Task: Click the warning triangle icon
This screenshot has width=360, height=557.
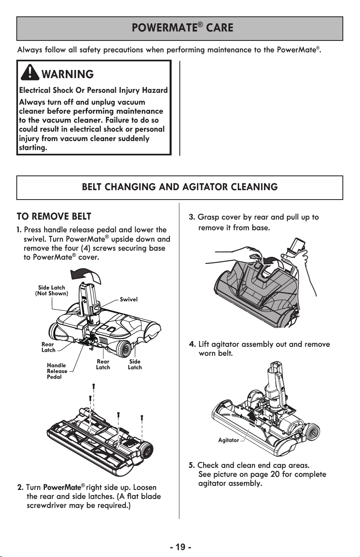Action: (30, 72)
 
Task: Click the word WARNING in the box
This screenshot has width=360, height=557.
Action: (67, 74)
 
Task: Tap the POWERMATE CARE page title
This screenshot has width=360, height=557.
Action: (182, 27)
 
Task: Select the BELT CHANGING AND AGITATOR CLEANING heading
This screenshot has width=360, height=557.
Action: (180, 187)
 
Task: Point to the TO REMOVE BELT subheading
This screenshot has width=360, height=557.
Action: (54, 216)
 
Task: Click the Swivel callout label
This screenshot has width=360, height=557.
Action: (128, 299)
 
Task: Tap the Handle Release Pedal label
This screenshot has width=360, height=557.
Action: (57, 371)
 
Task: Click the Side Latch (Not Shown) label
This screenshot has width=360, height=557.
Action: (51, 290)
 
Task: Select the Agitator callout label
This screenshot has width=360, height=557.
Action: (228, 440)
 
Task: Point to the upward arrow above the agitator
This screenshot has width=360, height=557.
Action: (252, 418)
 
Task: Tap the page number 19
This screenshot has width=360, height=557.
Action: (181, 547)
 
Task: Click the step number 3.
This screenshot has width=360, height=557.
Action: (192, 217)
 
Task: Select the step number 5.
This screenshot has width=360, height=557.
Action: (192, 465)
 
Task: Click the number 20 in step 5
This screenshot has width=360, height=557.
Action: (275, 474)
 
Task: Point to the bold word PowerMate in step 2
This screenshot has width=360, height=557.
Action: (62, 487)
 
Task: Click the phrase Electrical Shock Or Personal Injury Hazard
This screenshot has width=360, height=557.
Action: (94, 90)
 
